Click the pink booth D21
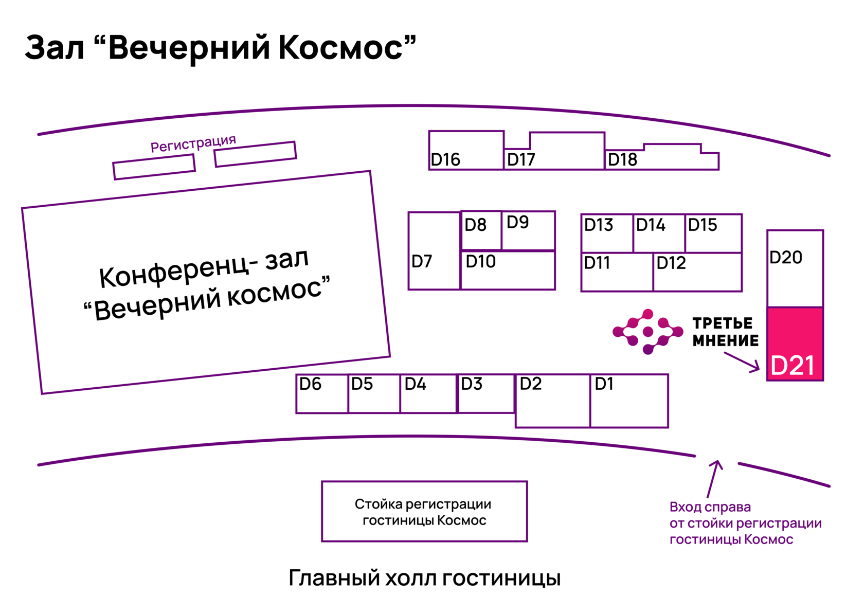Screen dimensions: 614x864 coord(795,344)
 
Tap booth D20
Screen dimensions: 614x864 coord(795,268)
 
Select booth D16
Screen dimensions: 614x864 coord(466,150)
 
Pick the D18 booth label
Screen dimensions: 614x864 coord(622,160)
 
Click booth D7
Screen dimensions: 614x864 coord(434,251)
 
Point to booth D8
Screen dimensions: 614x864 coord(481,230)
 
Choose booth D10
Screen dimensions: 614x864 coord(508,270)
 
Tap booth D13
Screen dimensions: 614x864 coord(607,233)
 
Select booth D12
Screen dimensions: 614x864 coord(697,272)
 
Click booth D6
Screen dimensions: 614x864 coord(322,393)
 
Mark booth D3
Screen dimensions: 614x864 coord(485,393)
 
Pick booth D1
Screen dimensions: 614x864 coord(629,401)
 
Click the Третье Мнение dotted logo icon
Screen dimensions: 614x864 coord(647,332)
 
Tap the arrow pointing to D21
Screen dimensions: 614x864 coord(742,361)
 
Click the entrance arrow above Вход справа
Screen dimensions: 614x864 coord(713,478)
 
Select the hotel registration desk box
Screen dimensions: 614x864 coord(424,511)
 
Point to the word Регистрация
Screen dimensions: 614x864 coord(193,143)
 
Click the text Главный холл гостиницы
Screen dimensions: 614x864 coord(424,578)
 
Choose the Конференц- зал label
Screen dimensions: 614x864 coord(204,268)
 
